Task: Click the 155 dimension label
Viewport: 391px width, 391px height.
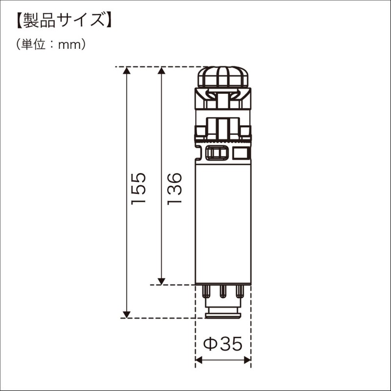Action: coord(139,188)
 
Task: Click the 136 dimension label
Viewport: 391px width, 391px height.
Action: coord(174,188)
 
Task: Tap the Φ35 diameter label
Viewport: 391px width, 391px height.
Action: coord(223,344)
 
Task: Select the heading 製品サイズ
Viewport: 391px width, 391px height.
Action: coord(62,21)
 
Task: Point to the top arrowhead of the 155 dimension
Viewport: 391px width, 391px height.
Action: coord(127,70)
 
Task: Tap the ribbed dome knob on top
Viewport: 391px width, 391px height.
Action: coord(223,77)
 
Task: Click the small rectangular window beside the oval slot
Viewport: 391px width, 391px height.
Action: coord(241,153)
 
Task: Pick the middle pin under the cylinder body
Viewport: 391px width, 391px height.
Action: coord(223,292)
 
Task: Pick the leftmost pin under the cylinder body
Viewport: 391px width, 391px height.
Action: coord(207,292)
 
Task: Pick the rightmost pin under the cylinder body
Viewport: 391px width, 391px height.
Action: coord(239,292)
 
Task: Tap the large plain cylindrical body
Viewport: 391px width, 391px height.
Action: coord(223,222)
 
